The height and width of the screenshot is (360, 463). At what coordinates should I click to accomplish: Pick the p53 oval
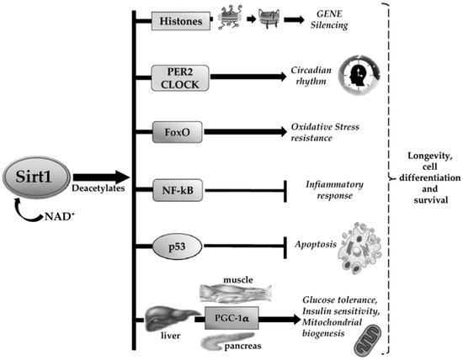[180, 246]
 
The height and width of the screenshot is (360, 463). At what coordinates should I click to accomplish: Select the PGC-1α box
[228, 318]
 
